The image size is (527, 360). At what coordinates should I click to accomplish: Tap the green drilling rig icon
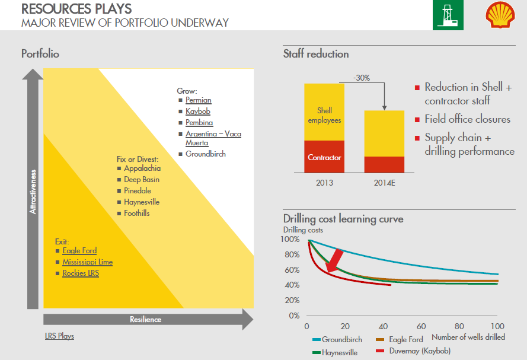tap(448, 15)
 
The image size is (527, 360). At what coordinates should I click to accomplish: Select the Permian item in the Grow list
tap(198, 100)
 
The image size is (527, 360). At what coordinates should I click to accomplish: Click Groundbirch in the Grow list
tap(205, 154)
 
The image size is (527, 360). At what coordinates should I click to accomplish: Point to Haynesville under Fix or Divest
tap(142, 202)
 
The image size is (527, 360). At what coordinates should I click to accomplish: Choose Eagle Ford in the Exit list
tap(79, 250)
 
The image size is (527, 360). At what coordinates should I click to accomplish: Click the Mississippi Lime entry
tap(87, 262)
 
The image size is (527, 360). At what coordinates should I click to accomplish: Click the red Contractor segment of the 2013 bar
tap(324, 158)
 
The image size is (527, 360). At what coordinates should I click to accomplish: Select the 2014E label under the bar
tap(384, 182)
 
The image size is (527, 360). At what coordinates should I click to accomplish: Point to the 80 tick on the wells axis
tap(459, 326)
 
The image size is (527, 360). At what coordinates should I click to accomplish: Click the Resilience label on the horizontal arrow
tap(146, 319)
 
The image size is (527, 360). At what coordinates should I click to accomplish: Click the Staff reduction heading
tap(316, 54)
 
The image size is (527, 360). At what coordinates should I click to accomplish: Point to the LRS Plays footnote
tap(59, 336)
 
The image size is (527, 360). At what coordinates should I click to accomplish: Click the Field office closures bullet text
tap(467, 119)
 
